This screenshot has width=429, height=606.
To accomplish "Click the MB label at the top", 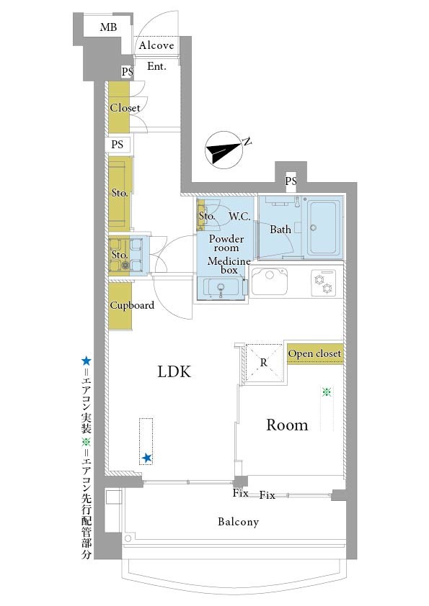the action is [x=108, y=27].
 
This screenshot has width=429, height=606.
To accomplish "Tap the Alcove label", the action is [x=156, y=45].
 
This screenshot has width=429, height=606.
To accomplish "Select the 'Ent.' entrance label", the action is [x=156, y=66].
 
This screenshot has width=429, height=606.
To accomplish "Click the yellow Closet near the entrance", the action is [x=119, y=107].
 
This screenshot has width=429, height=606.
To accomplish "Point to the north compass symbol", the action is [x=224, y=150].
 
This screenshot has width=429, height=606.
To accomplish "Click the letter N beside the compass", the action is [x=247, y=142].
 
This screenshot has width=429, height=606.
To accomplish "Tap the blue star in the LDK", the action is [x=146, y=458].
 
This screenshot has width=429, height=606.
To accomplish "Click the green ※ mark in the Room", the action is [x=327, y=392].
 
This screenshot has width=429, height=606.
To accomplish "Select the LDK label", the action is [x=174, y=372].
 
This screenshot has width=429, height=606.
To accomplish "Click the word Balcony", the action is [x=238, y=522].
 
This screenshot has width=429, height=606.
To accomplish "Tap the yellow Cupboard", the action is [x=120, y=306].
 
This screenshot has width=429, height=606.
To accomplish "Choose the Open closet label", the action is [x=314, y=353].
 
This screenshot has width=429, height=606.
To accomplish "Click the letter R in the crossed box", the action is [x=264, y=363].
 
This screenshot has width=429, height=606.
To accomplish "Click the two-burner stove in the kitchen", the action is [x=323, y=284].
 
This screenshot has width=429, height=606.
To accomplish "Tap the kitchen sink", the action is [x=270, y=281].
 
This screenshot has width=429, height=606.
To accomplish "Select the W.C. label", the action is [x=239, y=217].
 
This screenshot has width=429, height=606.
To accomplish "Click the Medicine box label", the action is [x=229, y=266].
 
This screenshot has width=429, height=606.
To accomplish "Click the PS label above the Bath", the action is [x=291, y=181].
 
